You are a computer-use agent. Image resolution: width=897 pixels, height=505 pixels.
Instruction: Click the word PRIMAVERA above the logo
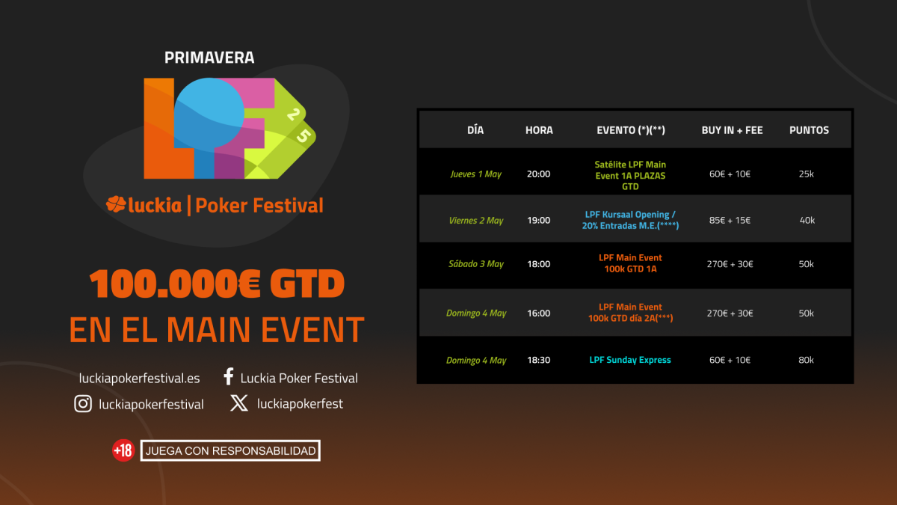[x=209, y=58]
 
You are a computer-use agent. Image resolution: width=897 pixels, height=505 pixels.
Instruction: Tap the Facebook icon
[x=229, y=377]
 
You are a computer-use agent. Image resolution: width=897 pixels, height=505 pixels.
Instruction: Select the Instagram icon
[x=83, y=403]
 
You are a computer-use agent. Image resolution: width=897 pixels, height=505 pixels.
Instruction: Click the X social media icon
[x=239, y=403]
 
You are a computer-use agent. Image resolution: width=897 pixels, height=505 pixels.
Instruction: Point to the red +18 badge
[x=123, y=450]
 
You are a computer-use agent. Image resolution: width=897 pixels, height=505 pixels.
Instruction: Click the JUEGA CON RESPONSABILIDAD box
[x=230, y=451]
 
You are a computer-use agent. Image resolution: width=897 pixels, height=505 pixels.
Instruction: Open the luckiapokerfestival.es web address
[x=139, y=379]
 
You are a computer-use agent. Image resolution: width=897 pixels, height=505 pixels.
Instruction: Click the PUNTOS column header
[x=809, y=130]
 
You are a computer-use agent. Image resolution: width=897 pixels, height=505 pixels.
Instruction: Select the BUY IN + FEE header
[x=732, y=130]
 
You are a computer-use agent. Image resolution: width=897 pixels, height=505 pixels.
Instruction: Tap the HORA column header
[x=539, y=130]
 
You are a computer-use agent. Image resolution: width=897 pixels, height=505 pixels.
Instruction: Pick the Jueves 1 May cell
[x=475, y=174]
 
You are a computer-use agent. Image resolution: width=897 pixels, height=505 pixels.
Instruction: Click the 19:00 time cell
[x=539, y=221]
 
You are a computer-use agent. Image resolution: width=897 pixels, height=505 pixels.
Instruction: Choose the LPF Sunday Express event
[x=630, y=360]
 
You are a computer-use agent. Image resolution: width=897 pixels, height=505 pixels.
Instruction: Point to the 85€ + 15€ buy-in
[x=730, y=221]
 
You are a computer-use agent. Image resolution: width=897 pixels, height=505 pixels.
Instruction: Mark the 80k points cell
[x=806, y=360]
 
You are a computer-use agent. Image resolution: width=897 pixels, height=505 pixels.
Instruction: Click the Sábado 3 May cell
[x=475, y=264]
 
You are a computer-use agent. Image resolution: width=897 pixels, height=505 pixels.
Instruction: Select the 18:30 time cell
[x=539, y=360]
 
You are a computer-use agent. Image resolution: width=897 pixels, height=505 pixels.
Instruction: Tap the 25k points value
[x=806, y=174]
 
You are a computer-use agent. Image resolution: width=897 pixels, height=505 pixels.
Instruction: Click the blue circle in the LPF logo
[x=209, y=112]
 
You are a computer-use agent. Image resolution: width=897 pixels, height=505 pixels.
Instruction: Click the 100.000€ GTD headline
[x=217, y=284]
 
